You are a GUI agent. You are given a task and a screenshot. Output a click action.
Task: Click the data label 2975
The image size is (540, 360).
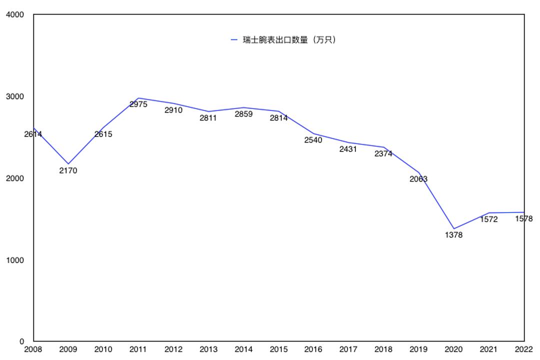[x=138, y=104]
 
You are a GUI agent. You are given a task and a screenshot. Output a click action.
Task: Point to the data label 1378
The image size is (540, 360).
[x=453, y=235]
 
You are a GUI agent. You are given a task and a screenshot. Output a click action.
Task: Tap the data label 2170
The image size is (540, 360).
[x=68, y=170]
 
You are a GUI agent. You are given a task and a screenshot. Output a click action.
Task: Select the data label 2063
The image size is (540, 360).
[x=418, y=179]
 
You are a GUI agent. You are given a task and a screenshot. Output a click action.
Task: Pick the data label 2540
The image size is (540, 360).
[x=313, y=140]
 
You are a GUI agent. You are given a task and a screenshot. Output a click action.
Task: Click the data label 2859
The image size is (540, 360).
[x=243, y=114]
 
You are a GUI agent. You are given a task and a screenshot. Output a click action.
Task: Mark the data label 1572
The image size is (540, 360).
[x=488, y=219]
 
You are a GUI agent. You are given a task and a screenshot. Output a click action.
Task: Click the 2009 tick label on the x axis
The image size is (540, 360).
[x=68, y=349]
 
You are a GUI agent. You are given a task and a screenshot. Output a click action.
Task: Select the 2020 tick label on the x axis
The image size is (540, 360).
[x=453, y=349]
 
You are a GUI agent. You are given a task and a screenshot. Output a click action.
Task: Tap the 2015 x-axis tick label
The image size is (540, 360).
[x=278, y=349]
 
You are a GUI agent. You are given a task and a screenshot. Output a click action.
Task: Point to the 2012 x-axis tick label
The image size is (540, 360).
[x=173, y=349]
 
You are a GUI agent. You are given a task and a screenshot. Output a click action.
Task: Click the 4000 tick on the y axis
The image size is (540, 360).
[x=15, y=15]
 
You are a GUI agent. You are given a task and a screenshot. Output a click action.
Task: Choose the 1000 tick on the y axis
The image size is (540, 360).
[x=15, y=260]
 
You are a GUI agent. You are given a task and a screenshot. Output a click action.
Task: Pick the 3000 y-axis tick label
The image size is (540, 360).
[x=15, y=96]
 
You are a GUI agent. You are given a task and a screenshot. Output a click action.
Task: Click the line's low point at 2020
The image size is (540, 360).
[x=454, y=229]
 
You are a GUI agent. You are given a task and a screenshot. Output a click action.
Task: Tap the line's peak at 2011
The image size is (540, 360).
[x=138, y=98]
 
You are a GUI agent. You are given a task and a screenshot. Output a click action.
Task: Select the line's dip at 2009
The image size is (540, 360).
[x=68, y=164]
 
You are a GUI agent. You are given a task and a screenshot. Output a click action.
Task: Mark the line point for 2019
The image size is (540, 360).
[x=419, y=173]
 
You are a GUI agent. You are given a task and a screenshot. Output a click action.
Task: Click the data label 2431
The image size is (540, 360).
[x=348, y=149]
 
